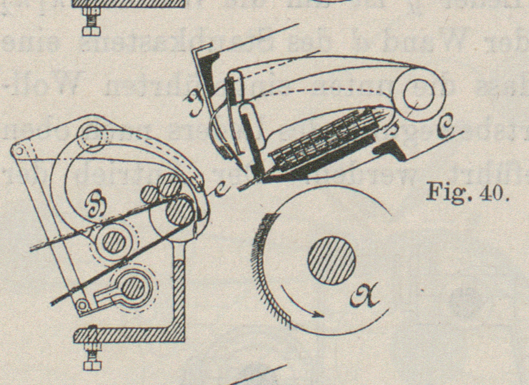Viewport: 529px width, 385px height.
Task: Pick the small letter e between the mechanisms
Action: [x=220, y=189]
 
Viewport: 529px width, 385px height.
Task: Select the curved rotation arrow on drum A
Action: [x=301, y=305]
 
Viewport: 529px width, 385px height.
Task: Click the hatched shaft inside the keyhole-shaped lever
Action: [x=133, y=288]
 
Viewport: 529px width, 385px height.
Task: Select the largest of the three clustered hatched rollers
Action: [x=179, y=211]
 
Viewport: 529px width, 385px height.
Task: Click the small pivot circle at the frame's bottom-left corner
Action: [x=83, y=305]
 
